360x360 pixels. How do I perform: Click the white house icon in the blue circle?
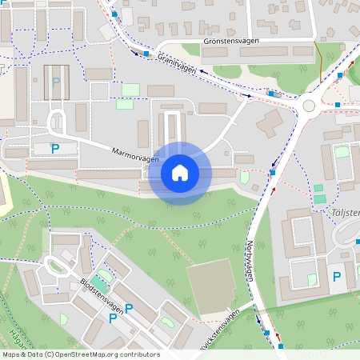coord(179,173)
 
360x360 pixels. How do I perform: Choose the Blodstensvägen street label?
coord(102,297)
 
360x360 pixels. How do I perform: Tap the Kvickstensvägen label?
coord(217,329)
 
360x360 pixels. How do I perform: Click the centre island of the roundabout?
coord(309,105)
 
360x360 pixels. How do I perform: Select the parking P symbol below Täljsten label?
coord(337,276)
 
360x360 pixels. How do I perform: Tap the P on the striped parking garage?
coord(55,82)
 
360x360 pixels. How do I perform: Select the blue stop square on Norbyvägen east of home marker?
coord(272,172)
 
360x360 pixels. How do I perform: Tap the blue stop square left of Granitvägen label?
coord(146,54)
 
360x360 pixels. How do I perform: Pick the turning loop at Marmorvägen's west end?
coord(55,124)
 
